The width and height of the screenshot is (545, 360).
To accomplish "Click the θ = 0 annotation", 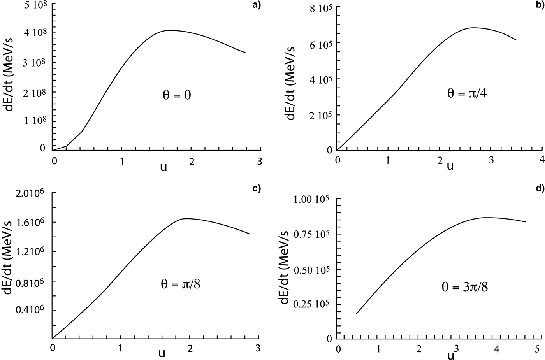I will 176,95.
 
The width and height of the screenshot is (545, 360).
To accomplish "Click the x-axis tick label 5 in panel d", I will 538,349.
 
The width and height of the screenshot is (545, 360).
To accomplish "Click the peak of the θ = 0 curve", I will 170,30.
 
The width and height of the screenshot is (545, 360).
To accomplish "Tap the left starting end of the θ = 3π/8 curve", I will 356,314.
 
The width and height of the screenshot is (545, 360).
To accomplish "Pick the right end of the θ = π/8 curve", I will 250,234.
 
